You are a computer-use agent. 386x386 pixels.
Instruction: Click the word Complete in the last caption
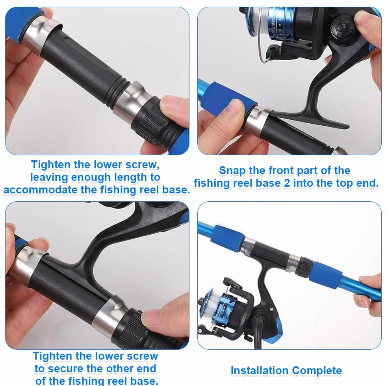pyautogui.click(x=317, y=371)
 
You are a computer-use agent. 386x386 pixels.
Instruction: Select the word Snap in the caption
pyautogui.click(x=232, y=171)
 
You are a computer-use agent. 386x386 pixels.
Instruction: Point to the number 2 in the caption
pyautogui.click(x=287, y=183)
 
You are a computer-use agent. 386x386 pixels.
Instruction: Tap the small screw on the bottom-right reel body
pyautogui.click(x=271, y=310)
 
